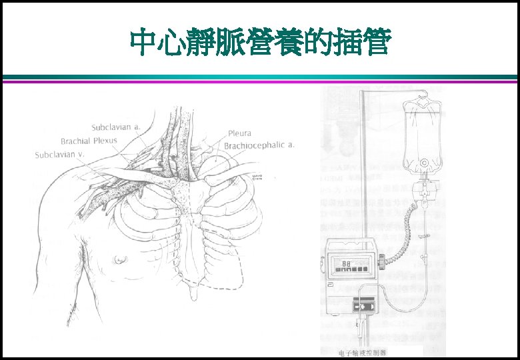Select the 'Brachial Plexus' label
pos(89,141)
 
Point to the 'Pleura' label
pos(240,133)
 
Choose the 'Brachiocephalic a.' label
pos(259,145)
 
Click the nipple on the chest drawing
pos(121,258)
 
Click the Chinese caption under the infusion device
pos(362,353)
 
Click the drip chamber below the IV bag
pos(422,189)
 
